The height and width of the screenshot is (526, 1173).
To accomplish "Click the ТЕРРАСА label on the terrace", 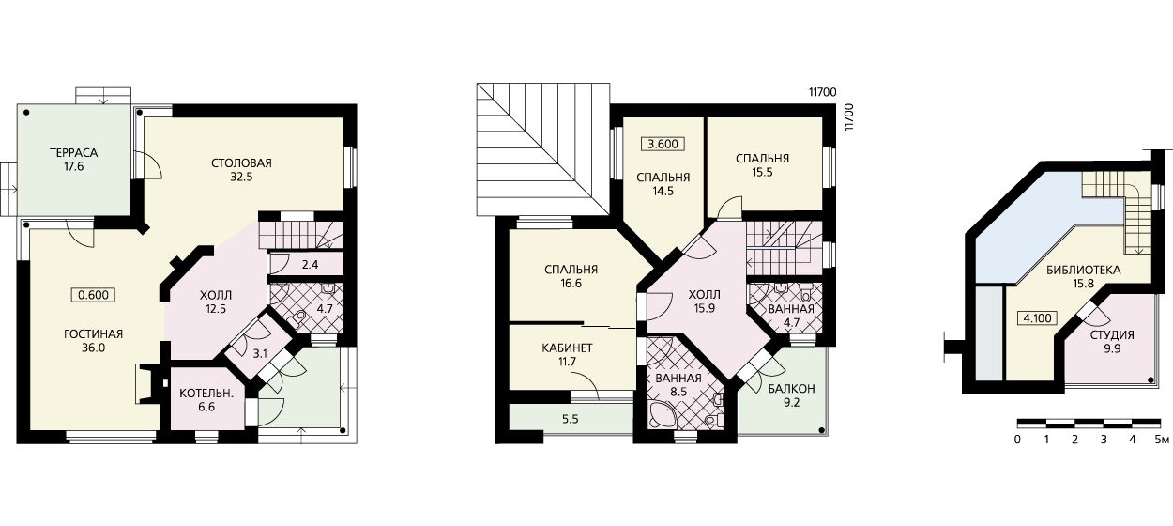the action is pos(74,153).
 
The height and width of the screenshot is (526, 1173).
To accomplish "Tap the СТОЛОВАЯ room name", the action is pos(241,162).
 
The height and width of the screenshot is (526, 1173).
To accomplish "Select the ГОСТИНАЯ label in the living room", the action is pos(93,333).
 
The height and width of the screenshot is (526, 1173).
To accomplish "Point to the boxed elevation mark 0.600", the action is pos(93,295).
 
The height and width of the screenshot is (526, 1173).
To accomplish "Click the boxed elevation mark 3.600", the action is pos(663,144).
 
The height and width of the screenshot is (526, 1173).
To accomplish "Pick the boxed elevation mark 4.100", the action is pos(1037,318).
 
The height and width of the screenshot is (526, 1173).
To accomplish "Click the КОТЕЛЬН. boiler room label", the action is pos(206,393).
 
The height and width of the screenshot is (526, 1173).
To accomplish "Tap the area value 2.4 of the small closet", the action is pos(310,265).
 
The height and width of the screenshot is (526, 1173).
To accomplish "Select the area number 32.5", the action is pos(241,178).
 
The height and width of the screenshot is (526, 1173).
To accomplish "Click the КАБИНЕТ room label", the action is pos(567,348).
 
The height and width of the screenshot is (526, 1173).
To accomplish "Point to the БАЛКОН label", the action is pos(791,389).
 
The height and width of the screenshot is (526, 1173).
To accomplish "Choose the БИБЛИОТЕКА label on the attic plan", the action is pos(1084,271).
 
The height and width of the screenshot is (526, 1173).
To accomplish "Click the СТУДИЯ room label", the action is pos(1112,334).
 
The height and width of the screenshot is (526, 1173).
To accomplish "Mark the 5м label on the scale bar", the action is pos(1162,439).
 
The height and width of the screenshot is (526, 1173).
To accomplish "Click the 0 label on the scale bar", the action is pos(1017,439).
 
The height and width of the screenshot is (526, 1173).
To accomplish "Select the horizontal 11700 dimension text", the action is pos(822,92).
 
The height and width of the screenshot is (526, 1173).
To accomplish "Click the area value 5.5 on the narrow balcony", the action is pos(570,419).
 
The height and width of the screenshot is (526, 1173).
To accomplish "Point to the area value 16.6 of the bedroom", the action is pos(571,284).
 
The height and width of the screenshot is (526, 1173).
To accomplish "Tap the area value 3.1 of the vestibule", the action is pos(260,354).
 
